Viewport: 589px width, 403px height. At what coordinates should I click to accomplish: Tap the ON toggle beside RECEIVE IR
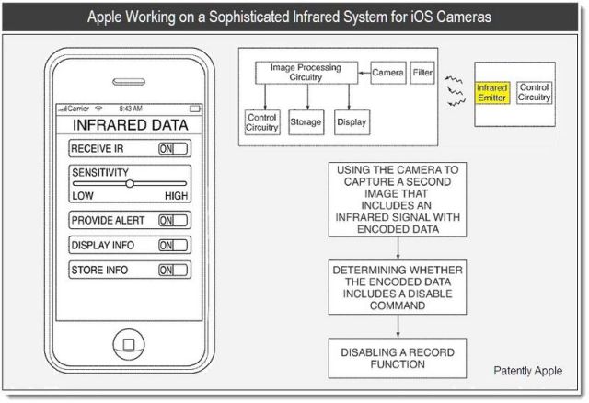coord(173,148)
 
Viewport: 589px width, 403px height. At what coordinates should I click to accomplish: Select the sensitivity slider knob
coord(130,183)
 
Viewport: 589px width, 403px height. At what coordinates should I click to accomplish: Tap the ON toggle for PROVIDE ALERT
coord(173,221)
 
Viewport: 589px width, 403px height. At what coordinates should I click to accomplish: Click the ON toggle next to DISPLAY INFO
coord(173,246)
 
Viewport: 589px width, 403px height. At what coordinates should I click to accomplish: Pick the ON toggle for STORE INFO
coord(173,271)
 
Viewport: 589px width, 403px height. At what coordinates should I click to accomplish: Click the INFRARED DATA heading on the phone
coord(130,124)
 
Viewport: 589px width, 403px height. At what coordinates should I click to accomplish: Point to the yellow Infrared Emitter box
coord(492,93)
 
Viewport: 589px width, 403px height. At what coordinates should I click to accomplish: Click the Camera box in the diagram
coord(387,72)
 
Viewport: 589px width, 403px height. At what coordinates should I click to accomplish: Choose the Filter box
coord(422,72)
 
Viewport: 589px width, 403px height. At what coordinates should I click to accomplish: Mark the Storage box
coord(306,121)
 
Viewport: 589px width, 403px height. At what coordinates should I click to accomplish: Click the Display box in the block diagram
coord(352,121)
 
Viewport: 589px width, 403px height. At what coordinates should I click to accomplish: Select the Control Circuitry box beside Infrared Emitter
coord(535,93)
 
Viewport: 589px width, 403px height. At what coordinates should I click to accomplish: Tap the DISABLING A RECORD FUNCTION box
coord(396,358)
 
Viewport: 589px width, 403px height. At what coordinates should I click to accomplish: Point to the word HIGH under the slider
coord(177,196)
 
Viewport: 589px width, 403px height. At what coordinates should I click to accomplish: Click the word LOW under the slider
coord(83,196)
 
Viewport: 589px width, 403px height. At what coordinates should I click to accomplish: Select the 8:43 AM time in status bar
coord(130,109)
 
